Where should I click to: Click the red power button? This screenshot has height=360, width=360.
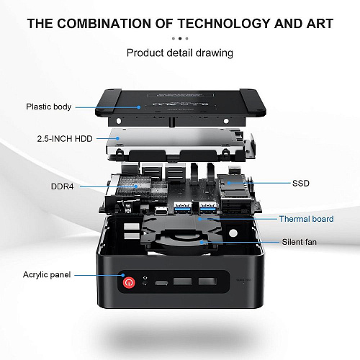pyautogui.click(x=129, y=282)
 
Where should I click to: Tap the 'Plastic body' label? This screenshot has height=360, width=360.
pyautogui.click(x=49, y=107)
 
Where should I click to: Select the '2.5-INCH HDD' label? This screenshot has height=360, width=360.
pyautogui.click(x=65, y=139)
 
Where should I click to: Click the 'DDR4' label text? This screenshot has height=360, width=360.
pyautogui.click(x=63, y=186)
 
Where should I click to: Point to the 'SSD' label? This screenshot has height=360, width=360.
pyautogui.click(x=301, y=184)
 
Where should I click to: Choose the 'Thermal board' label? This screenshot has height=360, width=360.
pyautogui.click(x=306, y=219)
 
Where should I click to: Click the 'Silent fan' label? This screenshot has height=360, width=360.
pyautogui.click(x=299, y=242)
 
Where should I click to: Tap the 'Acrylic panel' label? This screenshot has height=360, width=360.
pyautogui.click(x=47, y=275)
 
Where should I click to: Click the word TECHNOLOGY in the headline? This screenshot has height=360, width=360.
pyautogui.click(x=224, y=24)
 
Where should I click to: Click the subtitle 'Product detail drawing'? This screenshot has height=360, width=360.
pyautogui.click(x=180, y=53)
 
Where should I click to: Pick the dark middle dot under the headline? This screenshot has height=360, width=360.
pyautogui.click(x=180, y=38)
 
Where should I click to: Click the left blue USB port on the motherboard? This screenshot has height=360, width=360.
pyautogui.click(x=183, y=208)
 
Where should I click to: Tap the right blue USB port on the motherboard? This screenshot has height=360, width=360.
pyautogui.click(x=208, y=208)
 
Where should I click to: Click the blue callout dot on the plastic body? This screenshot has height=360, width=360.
pyautogui.click(x=139, y=107)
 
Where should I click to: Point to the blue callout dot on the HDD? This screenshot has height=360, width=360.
pyautogui.click(x=117, y=138)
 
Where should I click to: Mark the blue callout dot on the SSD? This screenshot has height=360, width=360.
pyautogui.click(x=229, y=183)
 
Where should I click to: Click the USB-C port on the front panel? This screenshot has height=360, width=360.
pyautogui.click(x=161, y=283)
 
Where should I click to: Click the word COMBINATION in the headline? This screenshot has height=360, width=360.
pyautogui.click(x=104, y=24)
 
